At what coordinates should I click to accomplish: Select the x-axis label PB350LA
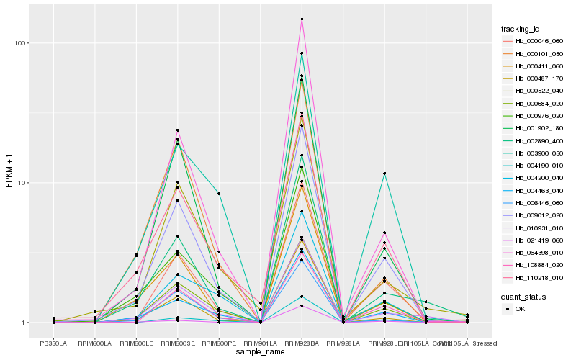tap(53, 343)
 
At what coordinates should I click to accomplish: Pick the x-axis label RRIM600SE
tap(177, 343)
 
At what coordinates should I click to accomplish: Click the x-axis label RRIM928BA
tap(301, 343)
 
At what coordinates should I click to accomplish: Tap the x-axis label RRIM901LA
tap(260, 343)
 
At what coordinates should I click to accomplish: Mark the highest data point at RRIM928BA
tap(302, 19)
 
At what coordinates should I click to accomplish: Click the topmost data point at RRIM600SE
tap(177, 130)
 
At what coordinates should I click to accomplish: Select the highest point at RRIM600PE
tap(219, 194)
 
